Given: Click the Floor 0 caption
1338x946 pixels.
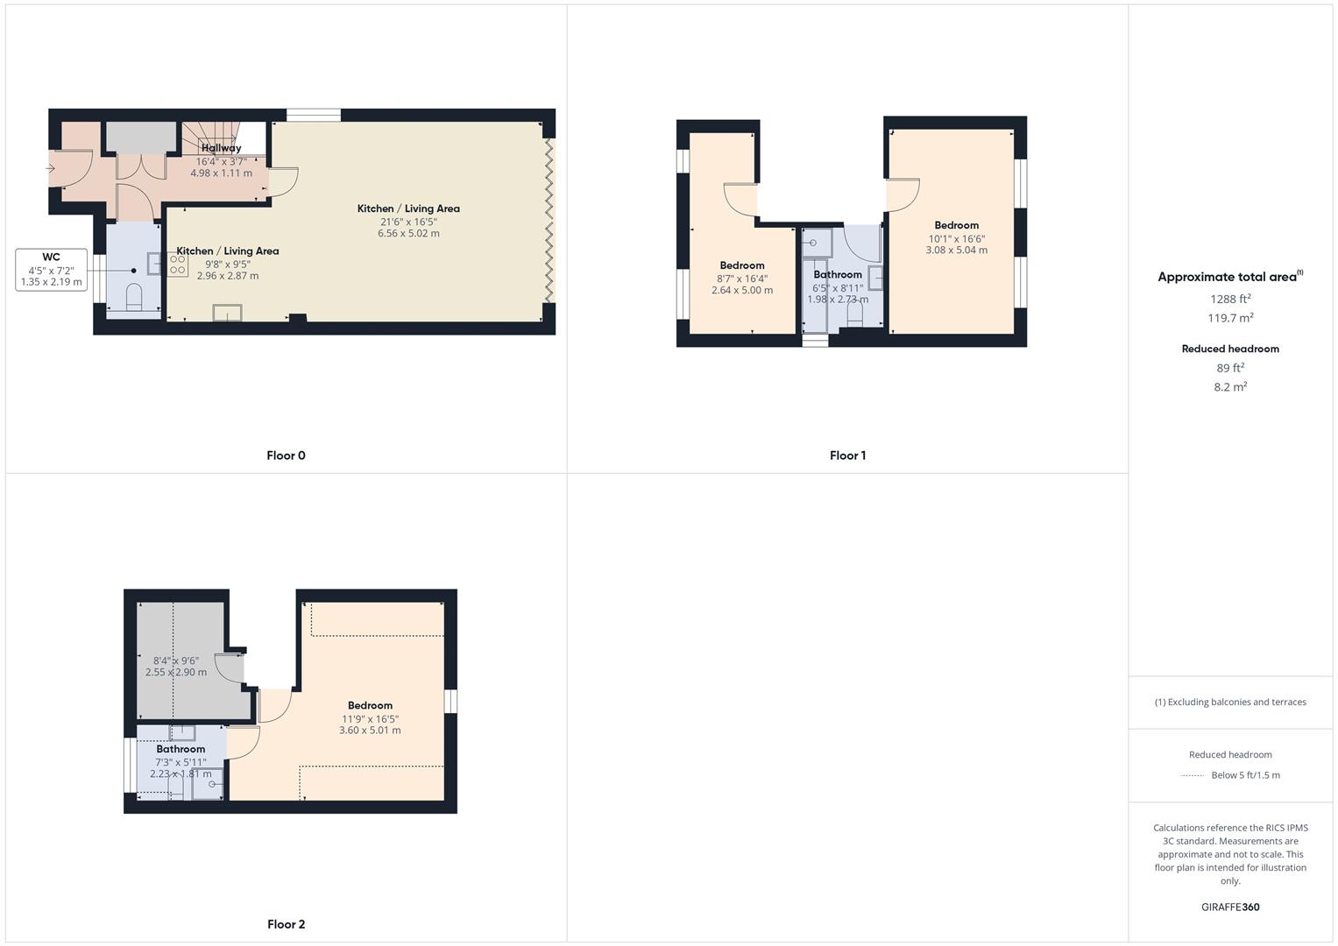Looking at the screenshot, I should (286, 455).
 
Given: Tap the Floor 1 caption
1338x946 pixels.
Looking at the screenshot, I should (847, 455).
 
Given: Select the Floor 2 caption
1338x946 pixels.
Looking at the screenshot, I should (286, 924).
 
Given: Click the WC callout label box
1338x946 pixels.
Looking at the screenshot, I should (51, 270).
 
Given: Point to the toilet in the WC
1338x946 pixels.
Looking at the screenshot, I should (134, 298).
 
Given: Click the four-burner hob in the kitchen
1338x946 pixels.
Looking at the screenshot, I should (177, 265).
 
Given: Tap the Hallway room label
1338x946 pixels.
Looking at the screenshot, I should (221, 148).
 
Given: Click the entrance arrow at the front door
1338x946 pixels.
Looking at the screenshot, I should (51, 168).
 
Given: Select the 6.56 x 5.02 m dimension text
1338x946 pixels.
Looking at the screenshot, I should (408, 234).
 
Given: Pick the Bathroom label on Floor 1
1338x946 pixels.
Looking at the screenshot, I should (838, 274).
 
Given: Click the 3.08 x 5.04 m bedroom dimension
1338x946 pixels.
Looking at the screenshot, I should (956, 251).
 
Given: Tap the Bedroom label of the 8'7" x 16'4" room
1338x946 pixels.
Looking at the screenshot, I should (742, 265).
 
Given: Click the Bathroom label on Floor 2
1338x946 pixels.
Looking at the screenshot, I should (181, 749).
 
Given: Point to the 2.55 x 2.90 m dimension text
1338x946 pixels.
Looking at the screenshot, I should (176, 673).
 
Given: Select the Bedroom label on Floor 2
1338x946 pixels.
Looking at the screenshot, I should (370, 705).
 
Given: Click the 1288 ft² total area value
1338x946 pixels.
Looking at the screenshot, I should (1230, 299).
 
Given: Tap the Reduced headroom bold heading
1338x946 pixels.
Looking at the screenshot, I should (1230, 349).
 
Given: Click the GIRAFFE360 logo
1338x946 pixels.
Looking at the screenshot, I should (1230, 907).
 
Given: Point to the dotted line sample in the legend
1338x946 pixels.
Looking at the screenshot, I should (1193, 776).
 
